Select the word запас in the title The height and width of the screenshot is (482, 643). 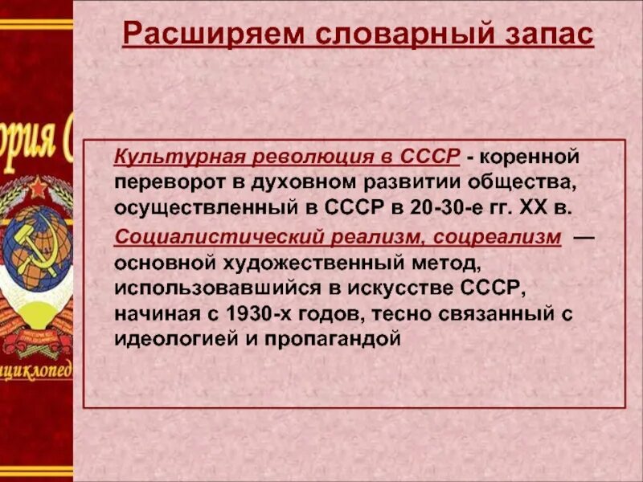(x=536, y=35)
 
